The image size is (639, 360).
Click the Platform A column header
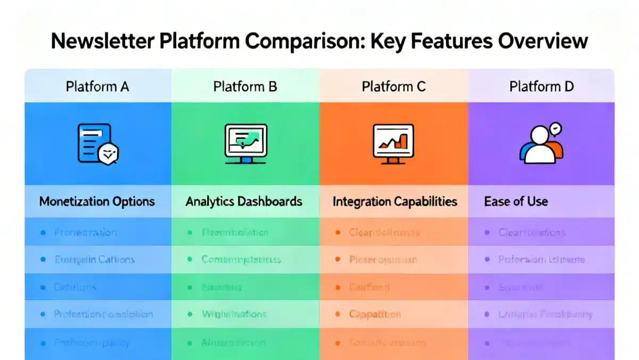(97, 86)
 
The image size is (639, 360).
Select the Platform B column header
(245, 86)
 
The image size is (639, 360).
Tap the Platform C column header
(394, 86)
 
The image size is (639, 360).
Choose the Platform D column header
(542, 86)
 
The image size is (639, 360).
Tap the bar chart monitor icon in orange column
(394, 143)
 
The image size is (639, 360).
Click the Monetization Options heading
(97, 201)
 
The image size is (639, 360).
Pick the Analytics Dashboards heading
(244, 201)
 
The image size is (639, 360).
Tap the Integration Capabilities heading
(395, 201)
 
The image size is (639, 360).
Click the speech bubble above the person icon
(555, 129)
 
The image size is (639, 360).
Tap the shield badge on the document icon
(109, 154)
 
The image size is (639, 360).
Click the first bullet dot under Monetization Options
(43, 232)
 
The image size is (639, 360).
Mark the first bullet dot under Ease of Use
(487, 232)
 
